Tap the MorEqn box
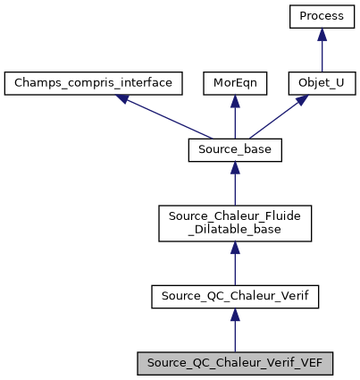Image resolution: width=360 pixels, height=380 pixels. coord(235,83)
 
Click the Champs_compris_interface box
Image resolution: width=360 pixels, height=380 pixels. coord(94,83)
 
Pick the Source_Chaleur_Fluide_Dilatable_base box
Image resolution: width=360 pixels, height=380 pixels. coord(235,224)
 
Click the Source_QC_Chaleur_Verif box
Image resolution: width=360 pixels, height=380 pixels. coord(235,296)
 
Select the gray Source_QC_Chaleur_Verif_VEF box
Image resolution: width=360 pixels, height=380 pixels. coord(235,363)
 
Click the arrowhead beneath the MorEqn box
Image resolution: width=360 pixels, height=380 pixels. coord(235,101)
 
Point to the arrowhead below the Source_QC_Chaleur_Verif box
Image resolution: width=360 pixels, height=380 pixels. coord(235,314)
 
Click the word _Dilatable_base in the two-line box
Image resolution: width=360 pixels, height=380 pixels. coord(235,231)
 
